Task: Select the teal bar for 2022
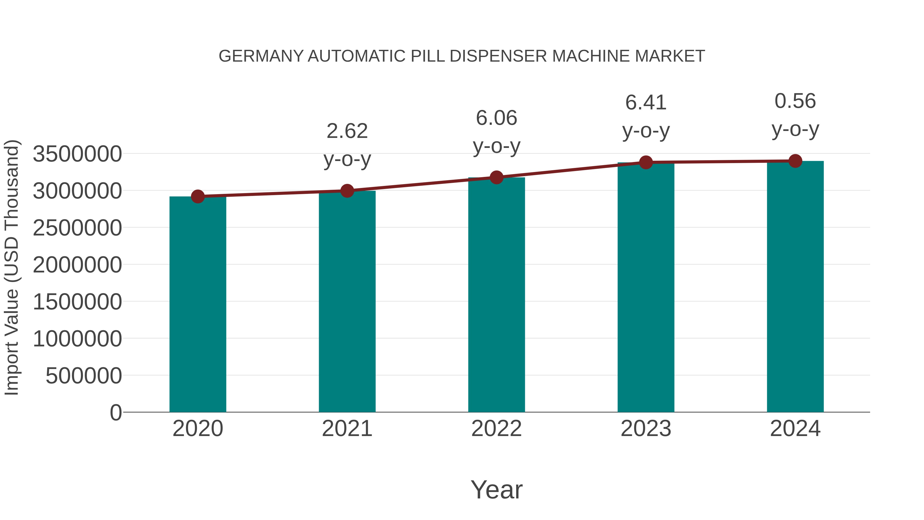(x=496, y=295)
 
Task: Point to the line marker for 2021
(x=347, y=191)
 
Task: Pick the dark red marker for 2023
(x=646, y=163)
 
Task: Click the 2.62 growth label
(x=347, y=131)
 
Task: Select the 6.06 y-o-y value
(x=496, y=118)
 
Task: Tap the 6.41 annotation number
(x=646, y=103)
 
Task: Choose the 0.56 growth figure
(x=795, y=101)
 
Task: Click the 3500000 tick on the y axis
(x=77, y=154)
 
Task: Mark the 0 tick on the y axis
(x=116, y=413)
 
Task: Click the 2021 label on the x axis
(x=347, y=429)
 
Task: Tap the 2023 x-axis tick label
(x=646, y=429)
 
